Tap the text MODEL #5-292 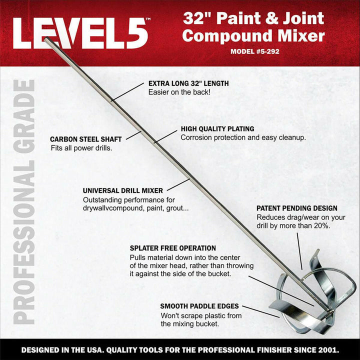pos(255,51)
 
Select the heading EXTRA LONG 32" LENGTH pos(188,84)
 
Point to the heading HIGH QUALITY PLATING pos(217,128)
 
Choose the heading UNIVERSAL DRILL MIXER pos(122,190)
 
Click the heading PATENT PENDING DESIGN pos(296,208)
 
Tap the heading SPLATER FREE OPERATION pos(172,248)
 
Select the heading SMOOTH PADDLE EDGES pos(199,306)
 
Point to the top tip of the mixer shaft pos(46,39)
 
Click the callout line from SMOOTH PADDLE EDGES pos(263,311)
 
